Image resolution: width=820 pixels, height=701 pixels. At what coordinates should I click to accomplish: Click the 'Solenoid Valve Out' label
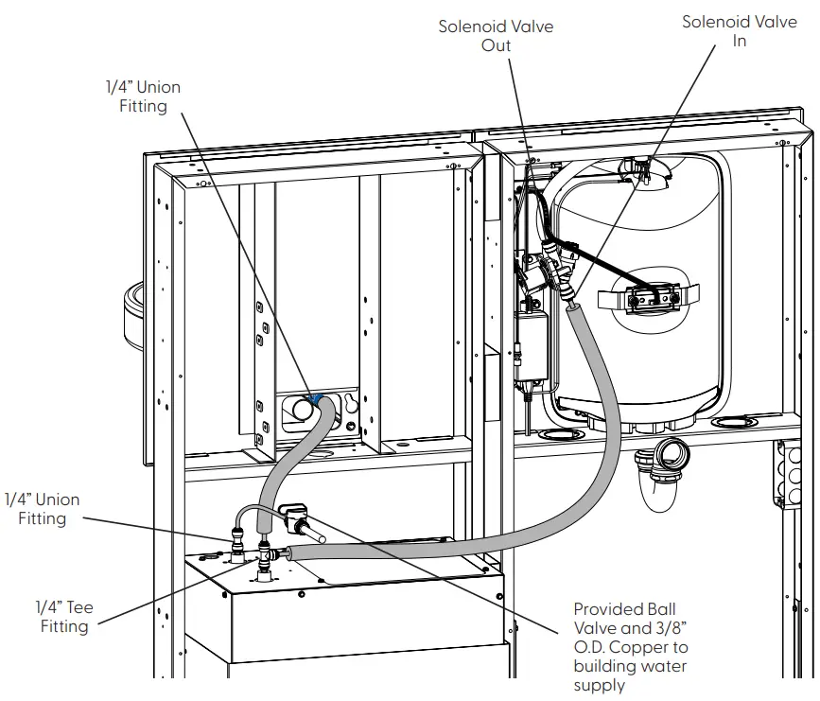click(x=496, y=36)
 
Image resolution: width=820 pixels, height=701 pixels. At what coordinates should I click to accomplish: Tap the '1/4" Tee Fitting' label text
click(x=63, y=616)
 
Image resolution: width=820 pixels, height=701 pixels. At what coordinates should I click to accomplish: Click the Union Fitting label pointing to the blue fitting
click(x=142, y=96)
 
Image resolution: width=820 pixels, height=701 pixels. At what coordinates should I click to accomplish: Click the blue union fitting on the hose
click(x=316, y=400)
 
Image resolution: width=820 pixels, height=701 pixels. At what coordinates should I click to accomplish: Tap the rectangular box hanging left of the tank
click(x=532, y=346)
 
